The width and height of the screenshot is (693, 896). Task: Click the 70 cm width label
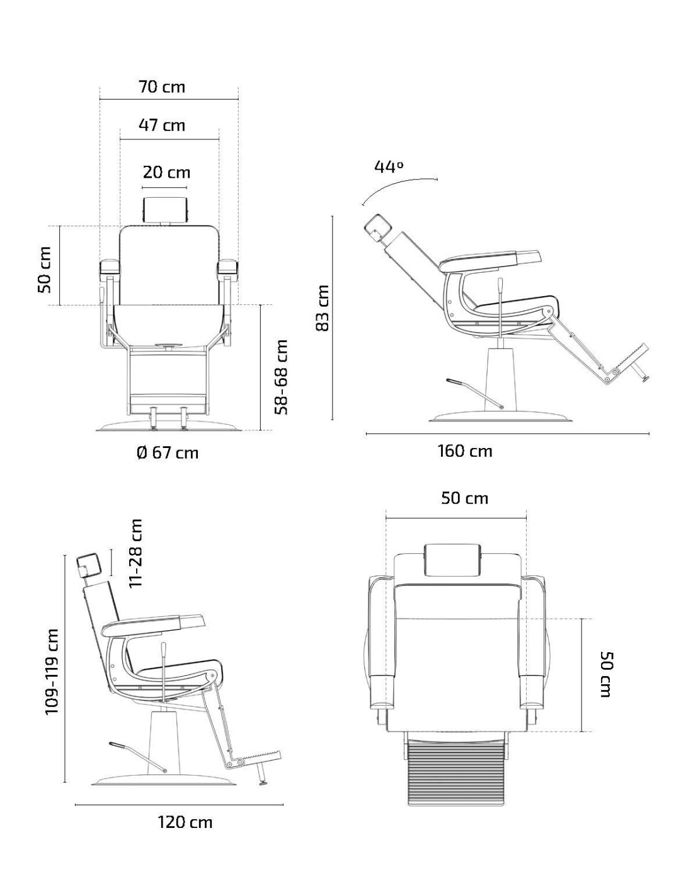tap(162, 87)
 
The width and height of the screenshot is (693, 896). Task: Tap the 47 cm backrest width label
tap(162, 125)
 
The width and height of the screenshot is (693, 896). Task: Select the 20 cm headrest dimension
tap(166, 172)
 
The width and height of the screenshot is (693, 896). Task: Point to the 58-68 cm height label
tap(281, 377)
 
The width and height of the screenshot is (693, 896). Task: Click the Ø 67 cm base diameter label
tap(168, 453)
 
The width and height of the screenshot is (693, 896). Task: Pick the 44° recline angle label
tap(389, 166)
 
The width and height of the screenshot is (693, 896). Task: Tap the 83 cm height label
tap(323, 307)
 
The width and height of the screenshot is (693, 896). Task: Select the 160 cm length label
tap(464, 451)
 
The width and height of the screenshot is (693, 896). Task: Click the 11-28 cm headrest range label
tap(135, 553)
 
